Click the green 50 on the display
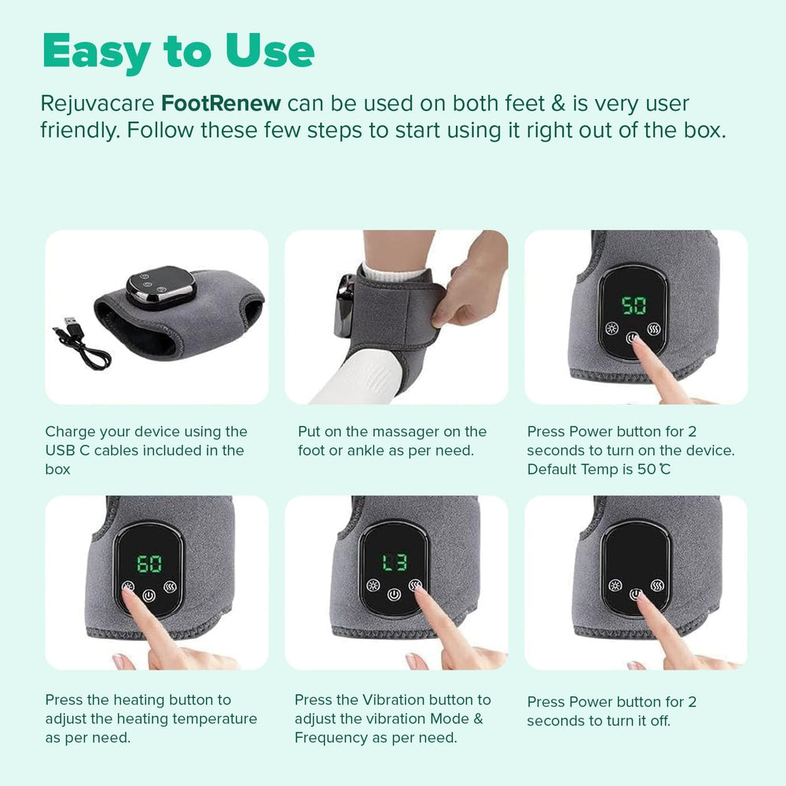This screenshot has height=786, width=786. (634, 306)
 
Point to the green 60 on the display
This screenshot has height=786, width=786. (149, 564)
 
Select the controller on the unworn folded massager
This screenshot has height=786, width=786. (161, 288)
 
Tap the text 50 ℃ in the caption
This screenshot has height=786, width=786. (654, 469)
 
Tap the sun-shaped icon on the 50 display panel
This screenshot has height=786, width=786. (612, 329)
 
